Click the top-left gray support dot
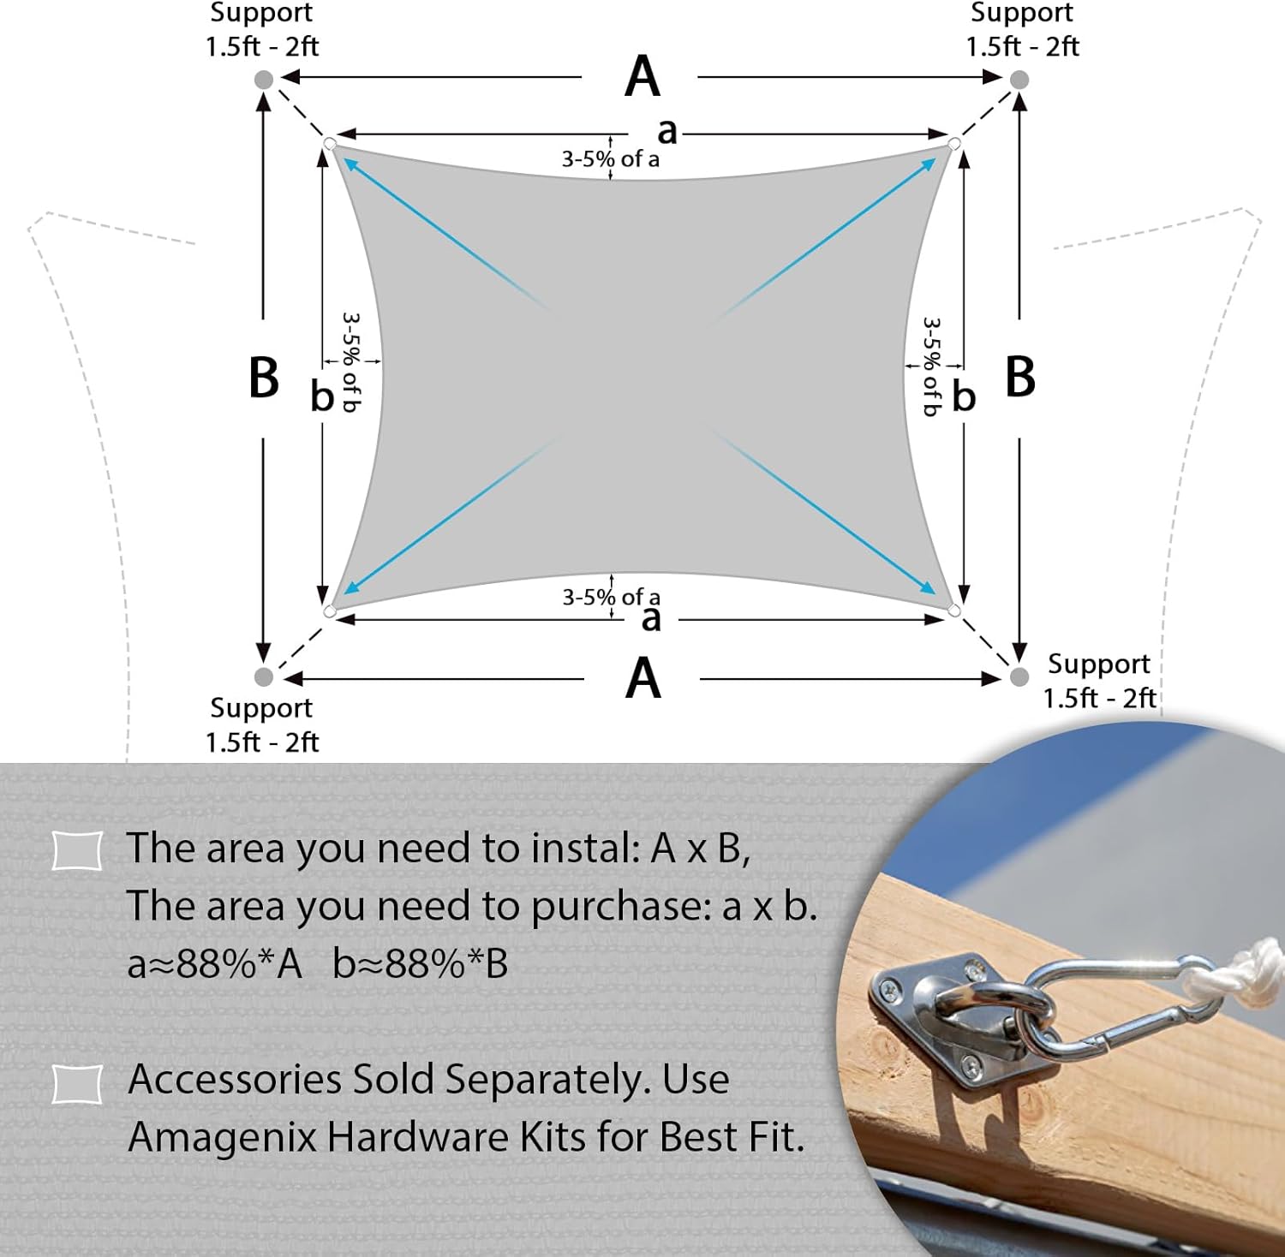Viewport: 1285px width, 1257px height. click(264, 80)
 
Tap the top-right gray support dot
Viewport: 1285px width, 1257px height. click(1019, 80)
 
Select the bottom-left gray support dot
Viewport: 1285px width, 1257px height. click(264, 676)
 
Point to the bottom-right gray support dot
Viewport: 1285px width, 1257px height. click(1019, 677)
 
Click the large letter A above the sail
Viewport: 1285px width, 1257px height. click(642, 76)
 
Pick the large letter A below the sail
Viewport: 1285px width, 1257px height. click(643, 678)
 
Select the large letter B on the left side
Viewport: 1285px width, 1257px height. click(264, 377)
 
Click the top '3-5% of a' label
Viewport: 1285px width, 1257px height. click(610, 159)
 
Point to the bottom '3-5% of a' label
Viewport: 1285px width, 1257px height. click(611, 597)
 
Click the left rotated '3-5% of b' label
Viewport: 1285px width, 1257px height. click(351, 362)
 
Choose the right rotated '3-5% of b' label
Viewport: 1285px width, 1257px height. click(932, 366)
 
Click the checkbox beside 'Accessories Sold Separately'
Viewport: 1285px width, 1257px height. click(77, 1083)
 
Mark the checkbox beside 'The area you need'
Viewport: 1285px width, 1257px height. click(77, 850)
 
